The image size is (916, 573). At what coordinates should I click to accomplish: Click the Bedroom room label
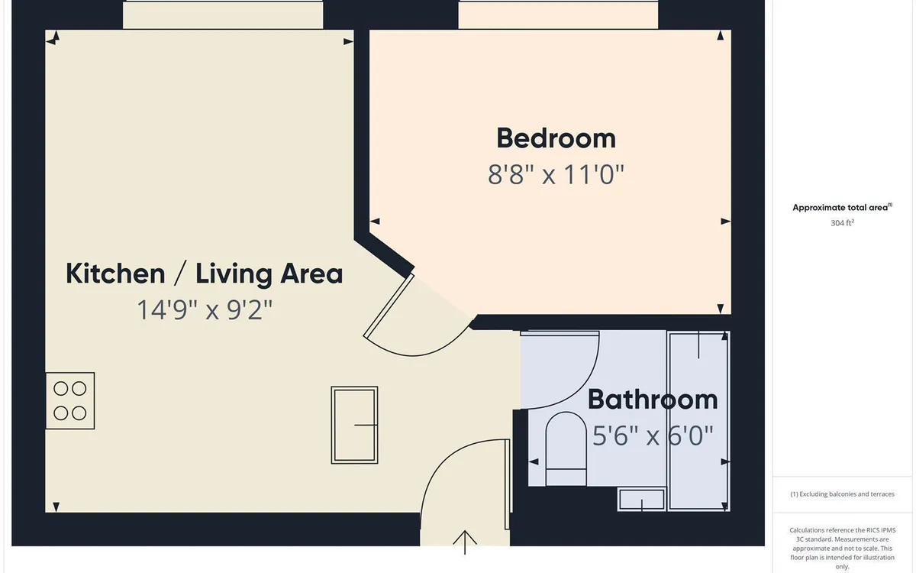click(x=556, y=138)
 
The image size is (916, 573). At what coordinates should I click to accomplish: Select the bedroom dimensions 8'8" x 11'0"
click(x=556, y=174)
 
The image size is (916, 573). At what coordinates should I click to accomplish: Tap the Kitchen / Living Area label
click(x=204, y=274)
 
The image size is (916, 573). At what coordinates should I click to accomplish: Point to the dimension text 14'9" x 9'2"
click(x=205, y=309)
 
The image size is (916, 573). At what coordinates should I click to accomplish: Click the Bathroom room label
click(x=653, y=400)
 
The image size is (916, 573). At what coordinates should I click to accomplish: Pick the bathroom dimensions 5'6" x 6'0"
click(x=653, y=435)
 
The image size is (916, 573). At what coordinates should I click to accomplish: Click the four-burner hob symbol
click(x=70, y=400)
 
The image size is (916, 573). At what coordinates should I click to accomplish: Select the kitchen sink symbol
click(x=354, y=425)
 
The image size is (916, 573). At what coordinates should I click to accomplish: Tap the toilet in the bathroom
click(x=566, y=448)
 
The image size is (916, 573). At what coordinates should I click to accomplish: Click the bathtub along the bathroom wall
click(x=698, y=421)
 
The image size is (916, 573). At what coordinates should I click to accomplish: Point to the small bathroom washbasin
click(x=642, y=500)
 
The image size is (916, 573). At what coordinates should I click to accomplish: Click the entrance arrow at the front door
click(x=465, y=542)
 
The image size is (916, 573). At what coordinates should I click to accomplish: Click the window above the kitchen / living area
click(x=223, y=15)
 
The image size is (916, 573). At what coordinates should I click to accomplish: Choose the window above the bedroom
click(x=558, y=15)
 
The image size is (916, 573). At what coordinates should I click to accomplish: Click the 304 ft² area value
click(x=843, y=222)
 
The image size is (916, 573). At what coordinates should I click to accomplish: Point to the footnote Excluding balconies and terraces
click(x=843, y=494)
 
